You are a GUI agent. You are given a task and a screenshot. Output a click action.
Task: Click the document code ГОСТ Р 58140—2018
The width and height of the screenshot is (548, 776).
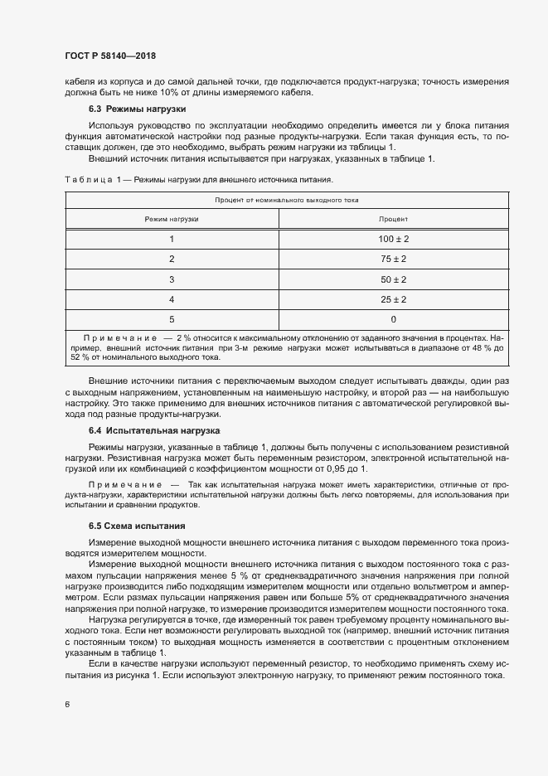(110, 56)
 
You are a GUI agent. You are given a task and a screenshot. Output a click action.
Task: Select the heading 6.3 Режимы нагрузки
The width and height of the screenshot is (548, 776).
(137, 109)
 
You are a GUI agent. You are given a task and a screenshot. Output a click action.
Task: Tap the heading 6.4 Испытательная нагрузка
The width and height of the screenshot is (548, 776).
(153, 431)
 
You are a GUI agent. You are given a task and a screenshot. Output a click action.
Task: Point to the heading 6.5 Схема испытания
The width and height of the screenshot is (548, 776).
(137, 526)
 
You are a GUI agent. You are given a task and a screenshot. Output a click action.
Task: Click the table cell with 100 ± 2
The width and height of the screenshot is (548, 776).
(393, 239)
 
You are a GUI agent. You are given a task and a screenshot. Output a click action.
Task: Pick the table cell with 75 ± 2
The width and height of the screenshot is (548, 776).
(393, 259)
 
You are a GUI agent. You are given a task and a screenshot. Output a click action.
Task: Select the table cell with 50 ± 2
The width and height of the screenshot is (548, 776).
(393, 279)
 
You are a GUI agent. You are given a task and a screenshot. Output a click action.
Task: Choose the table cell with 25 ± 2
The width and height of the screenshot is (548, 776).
(393, 298)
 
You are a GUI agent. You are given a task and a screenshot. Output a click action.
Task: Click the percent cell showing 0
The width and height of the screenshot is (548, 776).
(393, 318)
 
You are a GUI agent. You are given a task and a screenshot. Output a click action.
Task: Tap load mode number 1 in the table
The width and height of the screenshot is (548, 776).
(172, 239)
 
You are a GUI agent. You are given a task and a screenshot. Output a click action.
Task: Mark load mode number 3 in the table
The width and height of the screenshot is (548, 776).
(172, 279)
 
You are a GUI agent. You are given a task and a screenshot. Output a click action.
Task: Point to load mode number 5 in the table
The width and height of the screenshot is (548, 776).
(172, 318)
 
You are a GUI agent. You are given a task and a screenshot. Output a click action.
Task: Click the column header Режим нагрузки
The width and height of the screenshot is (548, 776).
(172, 219)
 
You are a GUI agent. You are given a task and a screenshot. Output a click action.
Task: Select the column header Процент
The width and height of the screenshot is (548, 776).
(393, 219)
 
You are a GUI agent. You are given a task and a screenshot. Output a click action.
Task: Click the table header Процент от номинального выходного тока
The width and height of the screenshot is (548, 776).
(286, 200)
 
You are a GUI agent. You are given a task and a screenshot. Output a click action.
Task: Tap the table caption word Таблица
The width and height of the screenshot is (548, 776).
(87, 179)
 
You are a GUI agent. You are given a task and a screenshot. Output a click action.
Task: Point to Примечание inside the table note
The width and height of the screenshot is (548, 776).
(119, 338)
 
